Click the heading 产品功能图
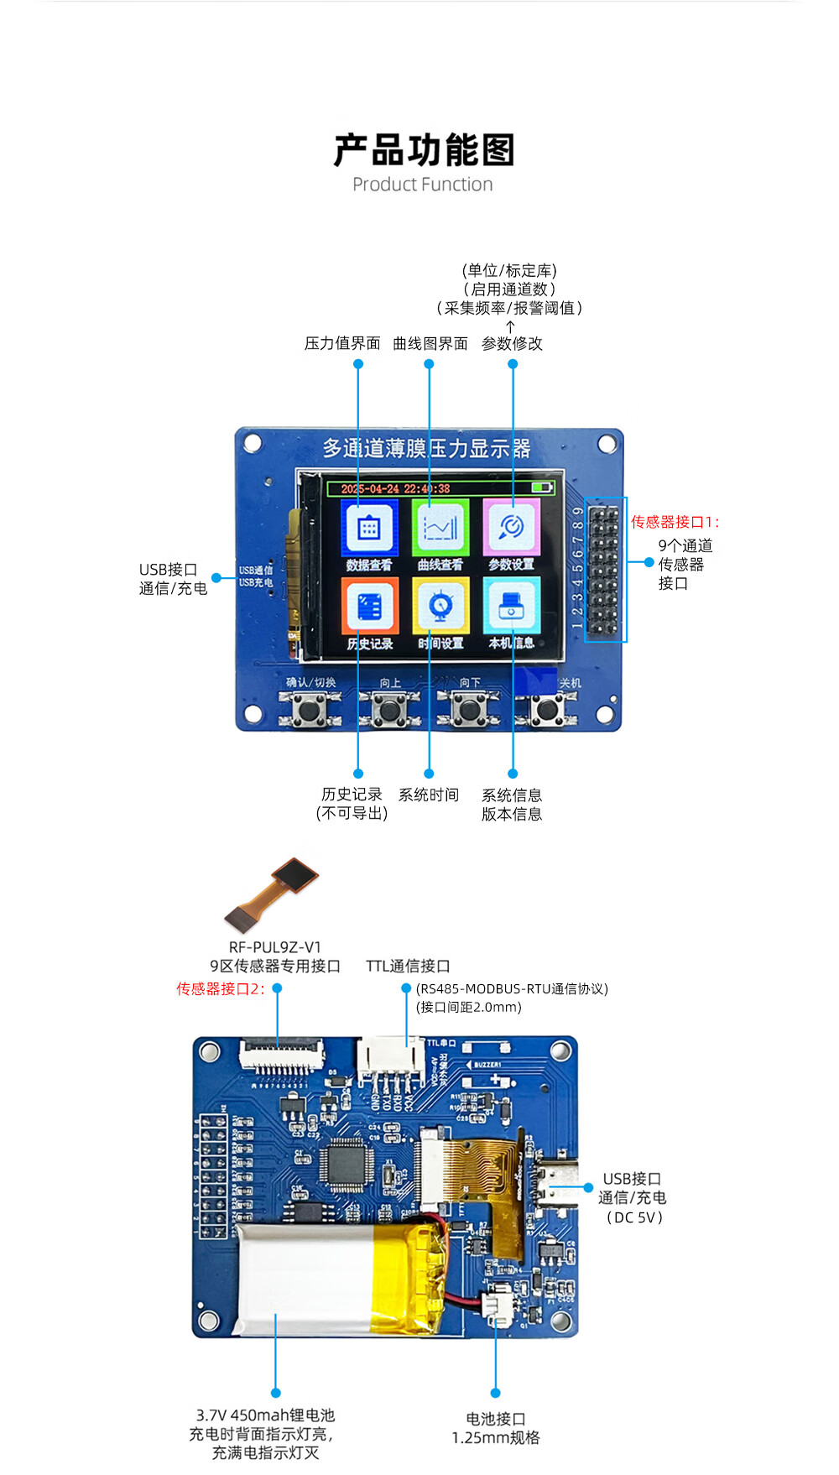tap(424, 151)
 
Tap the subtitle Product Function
tap(423, 185)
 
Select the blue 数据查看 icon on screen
tap(369, 529)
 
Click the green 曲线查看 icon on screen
tap(440, 529)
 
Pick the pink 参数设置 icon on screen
tap(511, 529)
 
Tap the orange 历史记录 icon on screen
tap(369, 607)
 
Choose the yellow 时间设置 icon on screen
tap(440, 607)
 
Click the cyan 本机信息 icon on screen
tap(511, 607)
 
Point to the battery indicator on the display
tap(542, 487)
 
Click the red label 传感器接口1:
tap(675, 522)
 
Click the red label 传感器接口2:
tap(220, 988)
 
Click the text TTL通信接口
tap(408, 967)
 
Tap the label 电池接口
tap(496, 1419)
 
